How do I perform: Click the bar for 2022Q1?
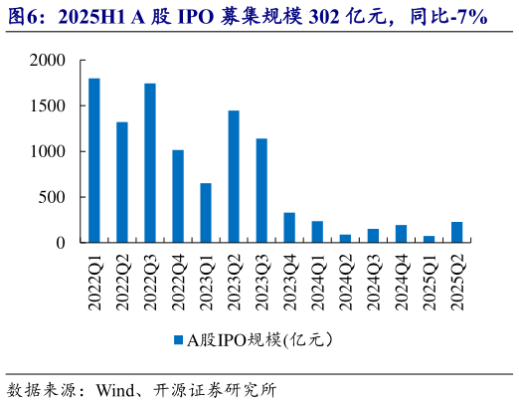pos(94,160)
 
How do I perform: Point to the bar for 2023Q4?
pos(289,228)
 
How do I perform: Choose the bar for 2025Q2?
pos(456,232)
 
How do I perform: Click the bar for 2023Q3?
pos(261,190)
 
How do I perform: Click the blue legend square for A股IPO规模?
pos(179,339)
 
